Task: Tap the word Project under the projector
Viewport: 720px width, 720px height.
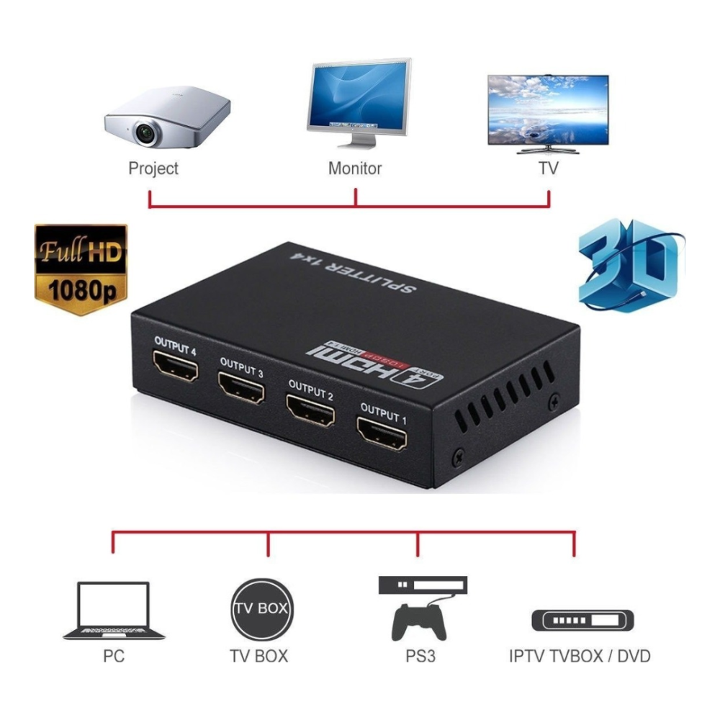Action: pos(153,168)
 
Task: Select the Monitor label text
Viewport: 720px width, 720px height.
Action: pos(355,168)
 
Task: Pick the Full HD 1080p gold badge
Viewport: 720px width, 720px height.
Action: pos(81,269)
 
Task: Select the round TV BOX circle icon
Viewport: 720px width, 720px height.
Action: pos(261,609)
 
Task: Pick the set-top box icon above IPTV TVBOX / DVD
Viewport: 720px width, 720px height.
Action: pos(582,619)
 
